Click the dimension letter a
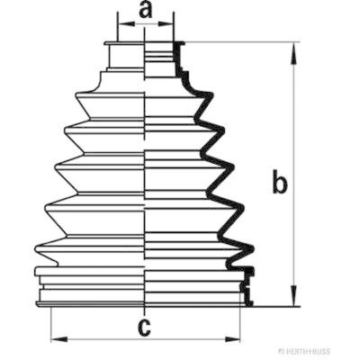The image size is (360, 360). (146, 11)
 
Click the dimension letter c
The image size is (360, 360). (145, 327)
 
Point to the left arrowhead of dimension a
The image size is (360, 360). (126, 23)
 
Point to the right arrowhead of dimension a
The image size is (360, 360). (166, 23)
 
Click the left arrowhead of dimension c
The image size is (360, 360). (58, 339)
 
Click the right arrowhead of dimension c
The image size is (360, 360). (232, 339)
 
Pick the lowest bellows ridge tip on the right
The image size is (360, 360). (252, 248)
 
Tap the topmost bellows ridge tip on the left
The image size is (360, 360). (77, 96)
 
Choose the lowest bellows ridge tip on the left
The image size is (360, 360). (37, 248)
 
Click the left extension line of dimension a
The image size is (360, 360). (118, 27)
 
